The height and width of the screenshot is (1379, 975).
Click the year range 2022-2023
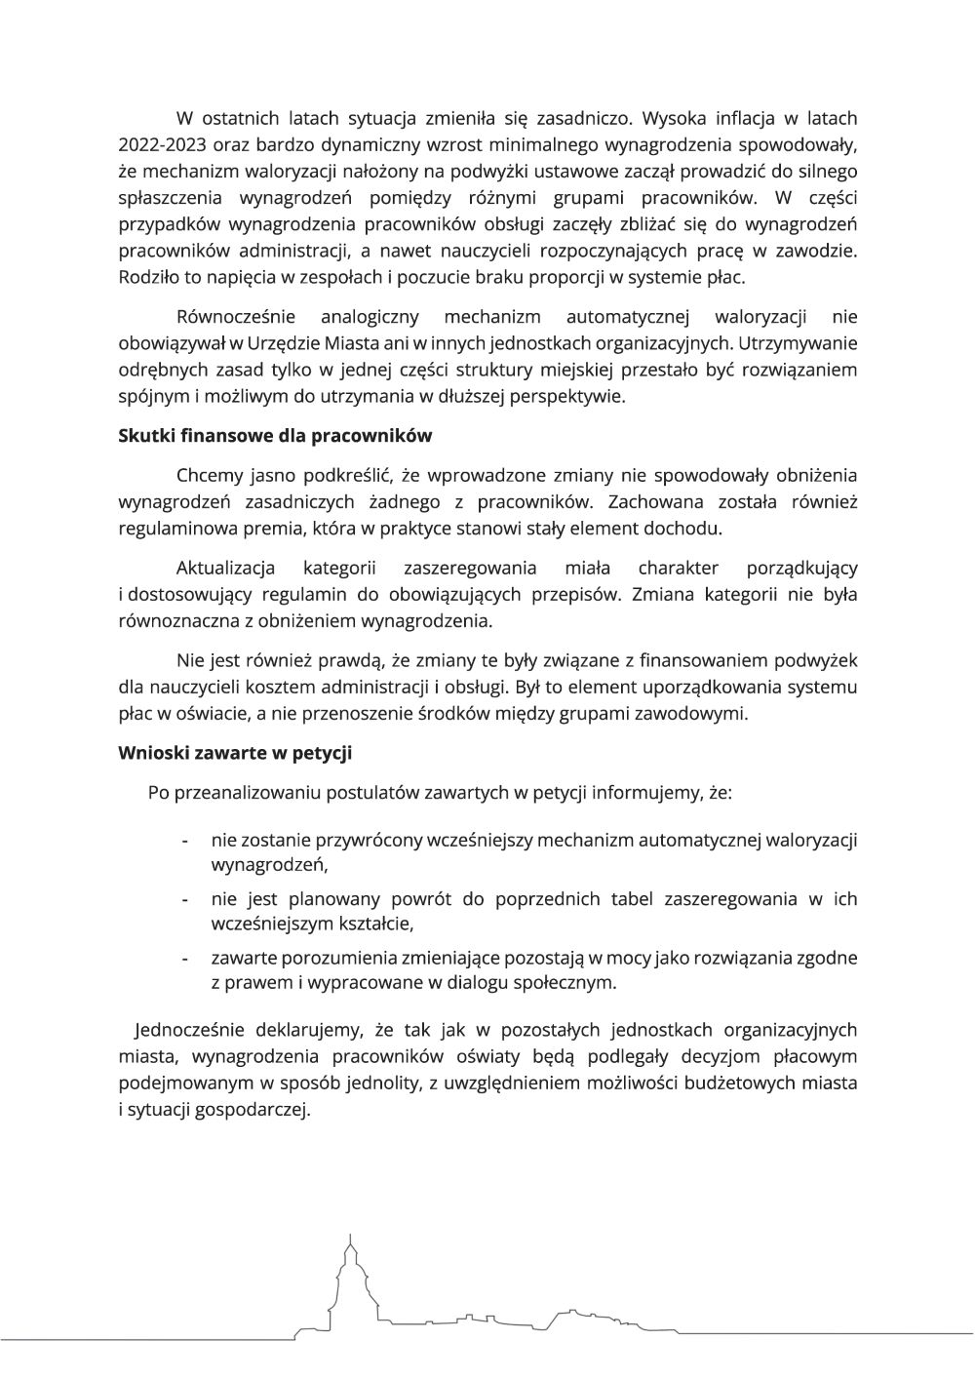[163, 145]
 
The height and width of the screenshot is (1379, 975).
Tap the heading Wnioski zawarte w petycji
[235, 753]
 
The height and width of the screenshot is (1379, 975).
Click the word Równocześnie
[235, 317]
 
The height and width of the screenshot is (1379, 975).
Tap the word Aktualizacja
[225, 568]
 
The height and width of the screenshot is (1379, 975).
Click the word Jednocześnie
[194, 1030]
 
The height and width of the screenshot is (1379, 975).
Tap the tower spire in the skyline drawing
[348, 1246]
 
